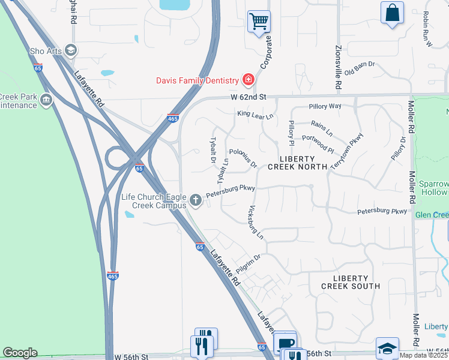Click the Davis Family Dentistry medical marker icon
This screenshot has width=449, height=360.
coord(247,80)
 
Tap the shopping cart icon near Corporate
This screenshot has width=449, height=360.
coord(259,22)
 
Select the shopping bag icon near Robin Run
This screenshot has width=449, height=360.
coord(392,13)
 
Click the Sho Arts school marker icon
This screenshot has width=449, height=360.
coord(71,50)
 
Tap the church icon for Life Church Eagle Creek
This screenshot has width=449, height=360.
coord(195,199)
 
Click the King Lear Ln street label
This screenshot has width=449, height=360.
coord(255,113)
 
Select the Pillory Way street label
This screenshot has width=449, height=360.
coord(325,106)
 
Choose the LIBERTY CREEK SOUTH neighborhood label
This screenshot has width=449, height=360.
coord(350,282)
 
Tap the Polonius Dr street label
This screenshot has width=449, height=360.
coord(243,158)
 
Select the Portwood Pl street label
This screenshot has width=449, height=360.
coord(319,144)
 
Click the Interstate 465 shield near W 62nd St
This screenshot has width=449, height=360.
coord(172,119)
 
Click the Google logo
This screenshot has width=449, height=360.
coord(20,353)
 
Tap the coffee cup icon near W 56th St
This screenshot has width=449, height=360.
coord(285,343)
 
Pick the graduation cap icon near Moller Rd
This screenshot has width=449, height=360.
coord(387,347)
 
